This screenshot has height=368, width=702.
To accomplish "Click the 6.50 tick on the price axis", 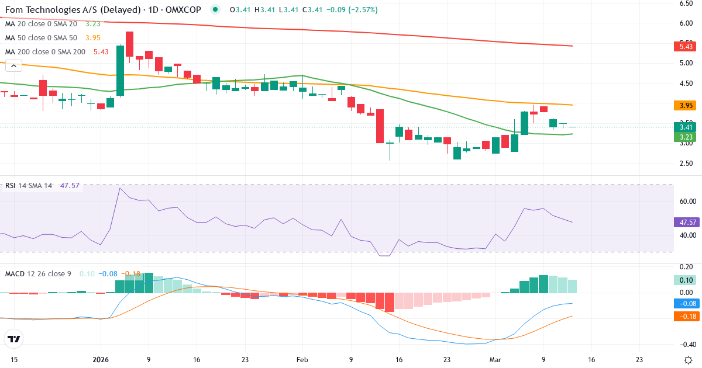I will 686,4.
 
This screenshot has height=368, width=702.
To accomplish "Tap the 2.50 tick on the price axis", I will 686,163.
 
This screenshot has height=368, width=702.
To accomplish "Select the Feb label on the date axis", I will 302,360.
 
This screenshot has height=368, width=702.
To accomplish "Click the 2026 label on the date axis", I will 101,360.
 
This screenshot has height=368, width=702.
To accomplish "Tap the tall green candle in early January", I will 120,70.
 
